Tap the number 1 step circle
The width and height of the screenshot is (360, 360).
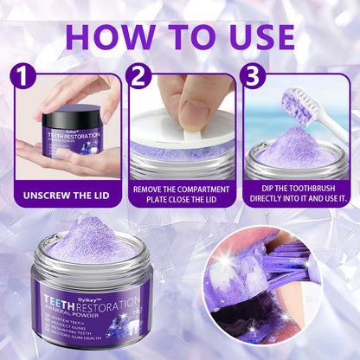tap(24, 77)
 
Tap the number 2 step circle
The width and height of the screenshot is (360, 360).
tap(139, 77)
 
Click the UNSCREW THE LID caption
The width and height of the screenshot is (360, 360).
tap(66, 195)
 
